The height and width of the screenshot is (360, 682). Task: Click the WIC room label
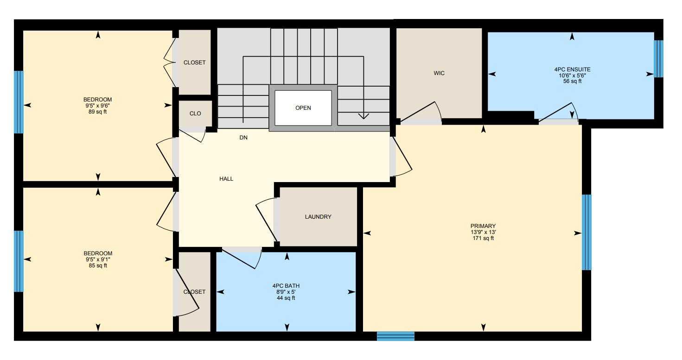coord(439,73)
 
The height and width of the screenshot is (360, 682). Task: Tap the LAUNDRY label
coord(318,217)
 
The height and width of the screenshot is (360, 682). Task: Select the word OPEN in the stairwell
coord(303,108)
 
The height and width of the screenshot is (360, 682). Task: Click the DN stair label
coord(243,138)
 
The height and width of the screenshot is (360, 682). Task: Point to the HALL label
coord(226,179)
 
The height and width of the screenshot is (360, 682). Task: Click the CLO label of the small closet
coord(195,114)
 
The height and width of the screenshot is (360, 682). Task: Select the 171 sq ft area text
coord(483,238)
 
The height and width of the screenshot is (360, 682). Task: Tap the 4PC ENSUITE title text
coord(573,69)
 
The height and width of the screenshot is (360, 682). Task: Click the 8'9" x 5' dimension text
coord(286,292)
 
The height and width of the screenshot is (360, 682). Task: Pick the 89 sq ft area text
coord(98,112)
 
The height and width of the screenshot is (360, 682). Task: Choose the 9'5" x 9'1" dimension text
coord(98,259)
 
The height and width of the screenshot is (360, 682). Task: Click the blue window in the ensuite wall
coord(658,59)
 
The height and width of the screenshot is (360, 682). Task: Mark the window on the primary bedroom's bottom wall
coord(395,336)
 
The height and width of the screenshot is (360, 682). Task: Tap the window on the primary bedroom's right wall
coord(586,232)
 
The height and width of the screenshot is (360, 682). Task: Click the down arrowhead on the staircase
coord(363,116)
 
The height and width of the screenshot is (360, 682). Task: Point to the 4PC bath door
coord(242,258)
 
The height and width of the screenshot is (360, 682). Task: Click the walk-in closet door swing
coord(422,113)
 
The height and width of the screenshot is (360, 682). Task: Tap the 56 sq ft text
coord(573,81)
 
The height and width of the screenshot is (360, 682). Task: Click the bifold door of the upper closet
coord(170,63)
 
